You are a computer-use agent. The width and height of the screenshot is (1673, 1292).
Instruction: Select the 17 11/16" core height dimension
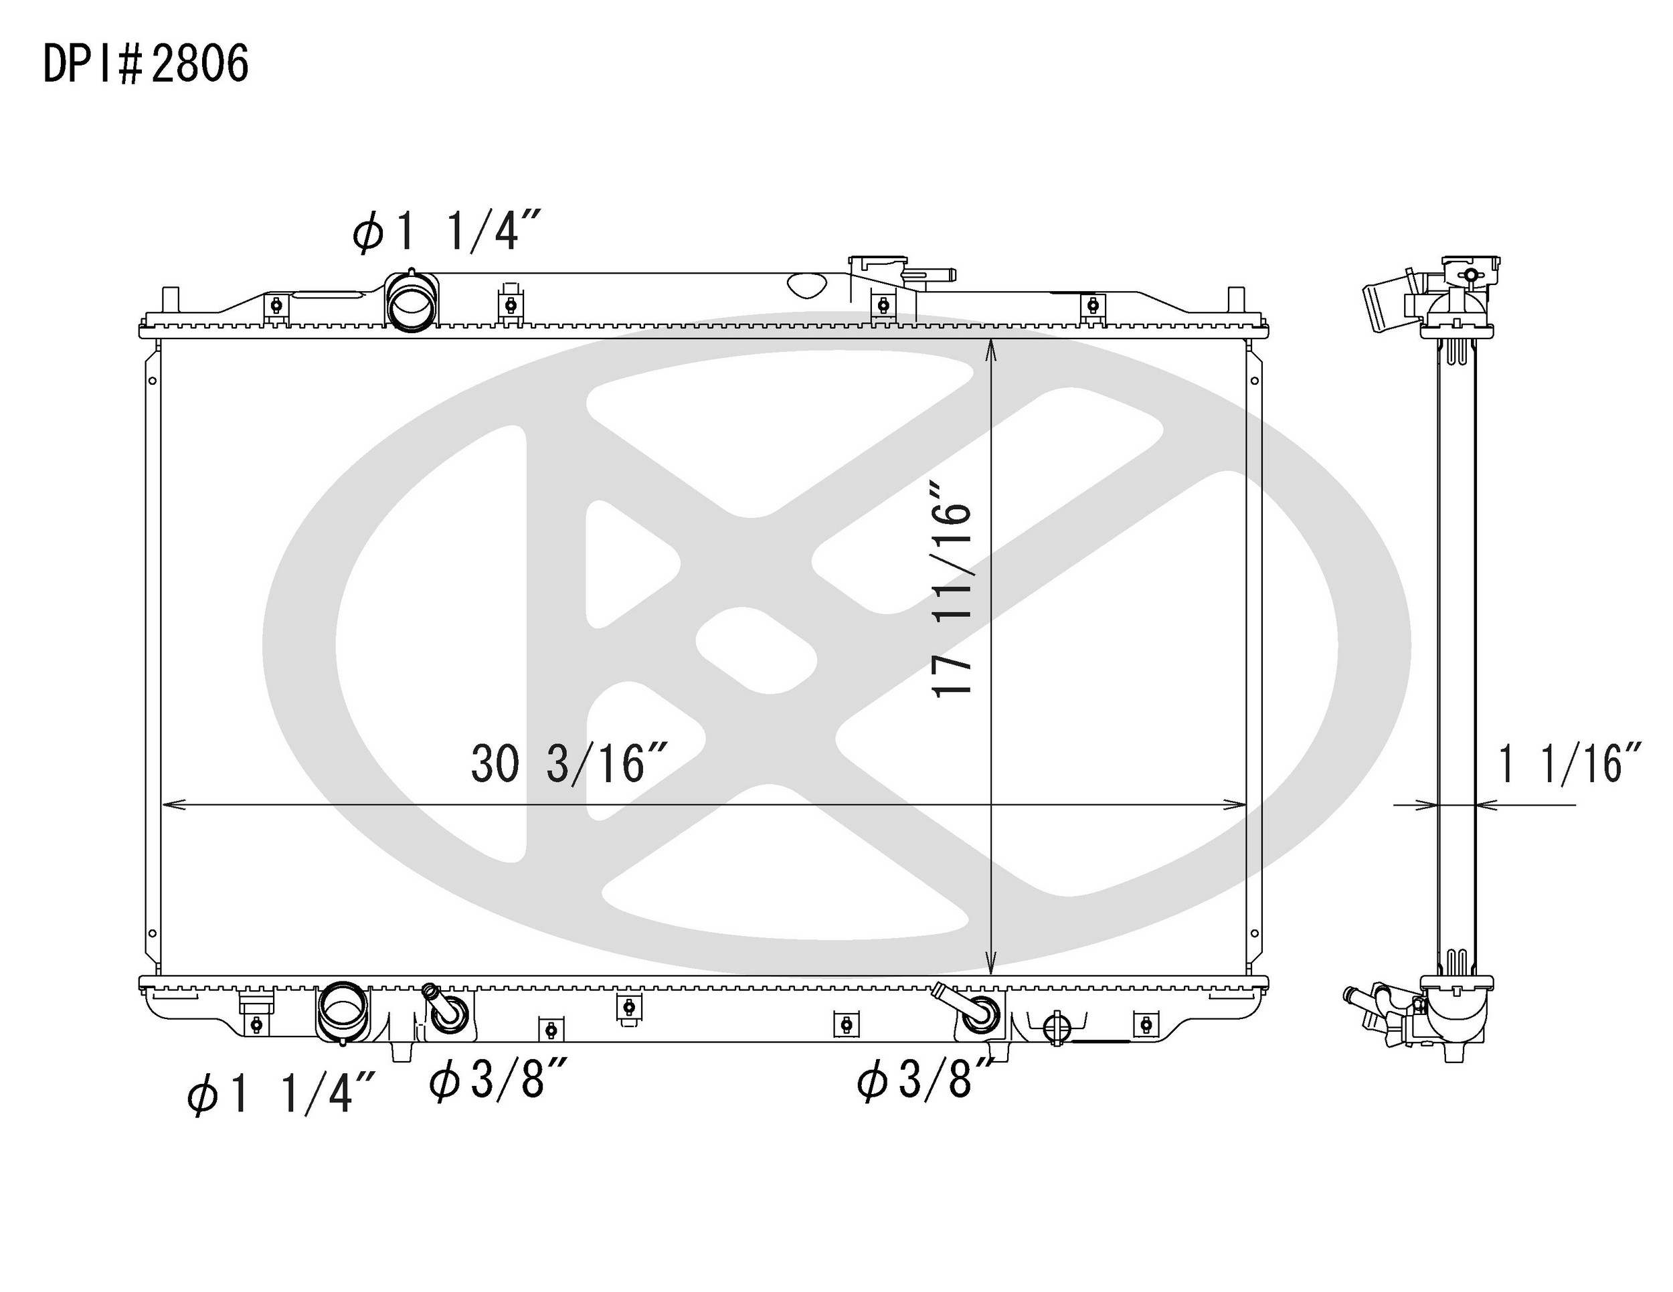[x=952, y=588]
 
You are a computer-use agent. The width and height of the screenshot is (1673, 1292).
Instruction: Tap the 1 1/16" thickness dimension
[x=1569, y=763]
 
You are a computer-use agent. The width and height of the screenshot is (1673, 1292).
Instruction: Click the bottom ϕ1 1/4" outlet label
[x=281, y=1093]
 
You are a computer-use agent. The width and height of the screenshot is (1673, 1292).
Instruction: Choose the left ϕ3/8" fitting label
[x=498, y=1081]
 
